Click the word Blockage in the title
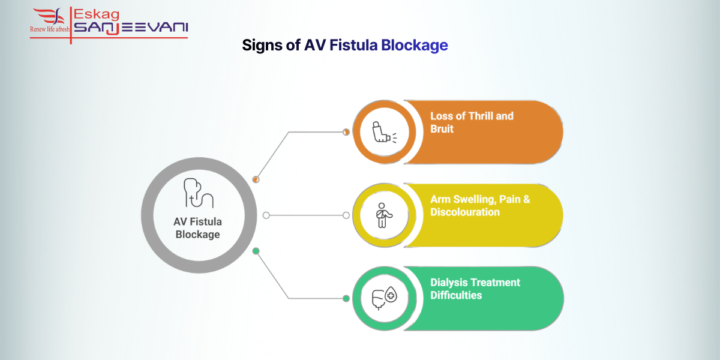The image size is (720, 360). tap(414, 45)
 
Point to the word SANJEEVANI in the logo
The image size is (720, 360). tap(130, 28)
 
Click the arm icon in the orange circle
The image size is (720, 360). tap(380, 132)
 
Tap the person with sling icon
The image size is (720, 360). tap(380, 215)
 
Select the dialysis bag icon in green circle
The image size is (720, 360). tap(380, 298)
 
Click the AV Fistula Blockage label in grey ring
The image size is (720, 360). tap(197, 227)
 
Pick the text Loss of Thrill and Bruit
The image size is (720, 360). tap(472, 122)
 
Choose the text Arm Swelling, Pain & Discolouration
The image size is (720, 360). tap(479, 205)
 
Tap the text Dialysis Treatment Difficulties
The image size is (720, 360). tap(475, 289)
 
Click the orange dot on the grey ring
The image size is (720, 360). tap(256, 179)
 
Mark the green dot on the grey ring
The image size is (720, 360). tap(256, 251)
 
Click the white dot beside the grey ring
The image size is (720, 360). tap(266, 215)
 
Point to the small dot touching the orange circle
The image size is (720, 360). tap(346, 132)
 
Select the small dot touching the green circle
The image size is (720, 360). tap(346, 298)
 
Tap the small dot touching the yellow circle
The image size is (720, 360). tap(346, 215)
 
